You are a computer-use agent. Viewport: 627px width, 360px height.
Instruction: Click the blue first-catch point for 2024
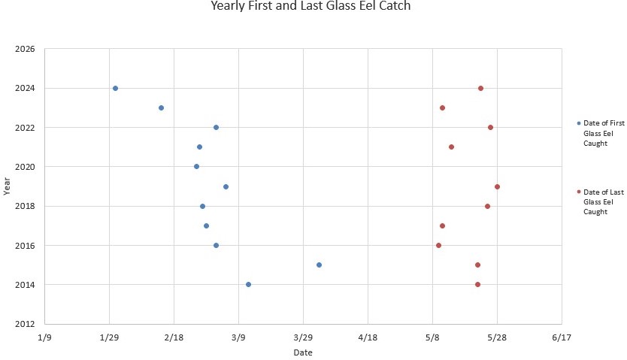(x=115, y=88)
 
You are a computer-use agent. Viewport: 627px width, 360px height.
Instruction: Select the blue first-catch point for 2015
(x=319, y=265)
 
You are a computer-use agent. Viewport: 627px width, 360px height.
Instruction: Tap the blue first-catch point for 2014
(x=248, y=284)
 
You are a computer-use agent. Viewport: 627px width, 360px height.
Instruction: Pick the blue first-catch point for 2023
(x=161, y=107)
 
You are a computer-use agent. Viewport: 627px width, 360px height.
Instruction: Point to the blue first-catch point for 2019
(x=226, y=186)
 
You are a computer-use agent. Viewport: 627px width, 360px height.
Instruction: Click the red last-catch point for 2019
(x=497, y=186)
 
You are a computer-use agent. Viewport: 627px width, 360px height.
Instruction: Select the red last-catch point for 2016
(x=438, y=245)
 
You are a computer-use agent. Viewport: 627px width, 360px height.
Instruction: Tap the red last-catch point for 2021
(x=451, y=147)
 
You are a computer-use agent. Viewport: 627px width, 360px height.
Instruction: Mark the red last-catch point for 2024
(x=480, y=88)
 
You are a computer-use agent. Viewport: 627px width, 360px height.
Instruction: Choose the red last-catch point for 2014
(x=477, y=284)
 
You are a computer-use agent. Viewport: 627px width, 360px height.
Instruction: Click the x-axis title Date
(x=303, y=352)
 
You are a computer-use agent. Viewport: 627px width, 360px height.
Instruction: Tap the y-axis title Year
(x=7, y=186)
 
